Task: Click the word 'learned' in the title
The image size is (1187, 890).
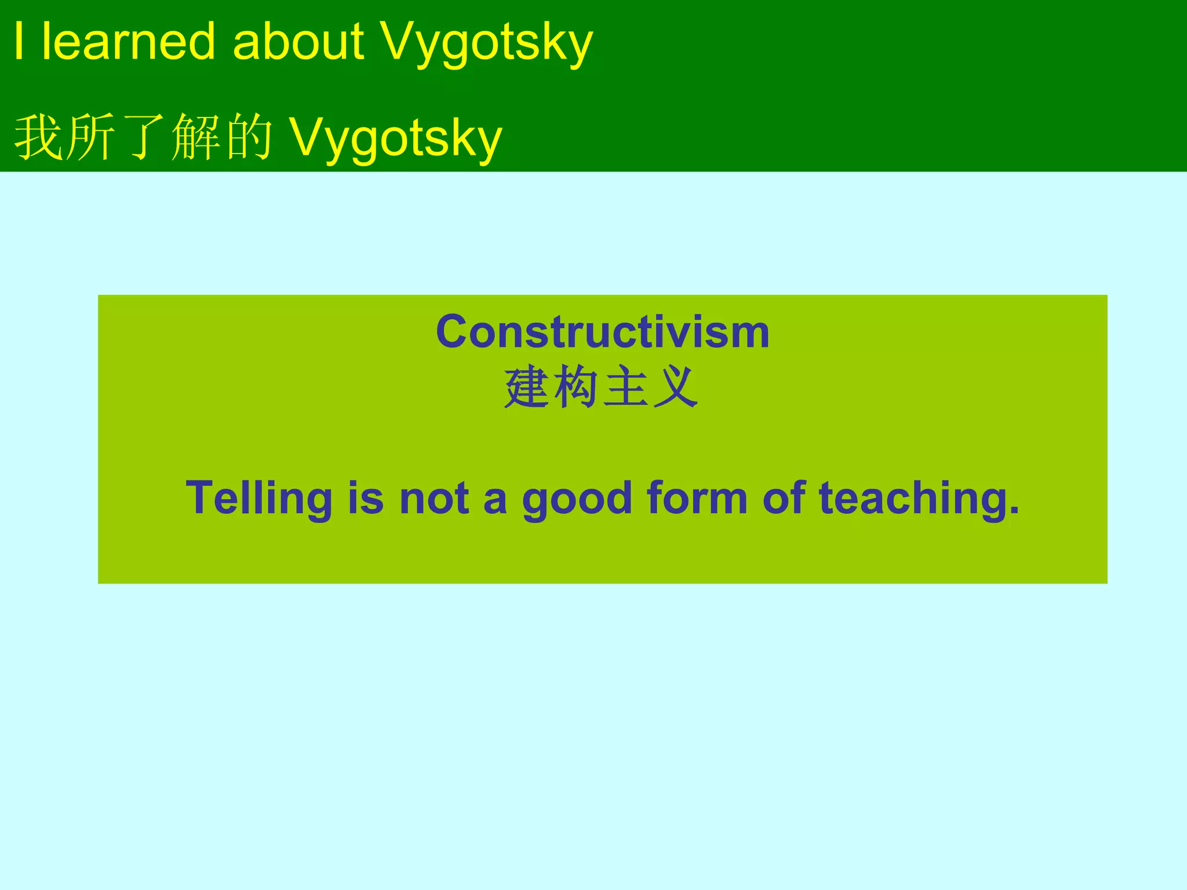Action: pyautogui.click(x=128, y=41)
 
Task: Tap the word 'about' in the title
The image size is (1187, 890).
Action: pyautogui.click(x=298, y=41)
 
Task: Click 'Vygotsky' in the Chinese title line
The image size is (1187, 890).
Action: pyautogui.click(x=395, y=139)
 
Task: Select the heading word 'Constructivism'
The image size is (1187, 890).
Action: pyautogui.click(x=603, y=332)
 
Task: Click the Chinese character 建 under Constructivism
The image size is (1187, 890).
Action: pyautogui.click(x=526, y=387)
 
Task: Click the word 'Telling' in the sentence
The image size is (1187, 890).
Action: pyautogui.click(x=258, y=498)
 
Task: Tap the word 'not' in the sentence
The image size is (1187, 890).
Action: pyautogui.click(x=434, y=498)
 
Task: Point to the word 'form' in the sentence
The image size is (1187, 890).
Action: pyautogui.click(x=697, y=498)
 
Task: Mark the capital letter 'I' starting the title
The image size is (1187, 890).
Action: pyautogui.click(x=19, y=41)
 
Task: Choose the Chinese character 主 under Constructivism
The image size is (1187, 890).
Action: pyautogui.click(x=625, y=387)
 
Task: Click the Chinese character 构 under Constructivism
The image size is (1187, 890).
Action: pyautogui.click(x=576, y=387)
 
